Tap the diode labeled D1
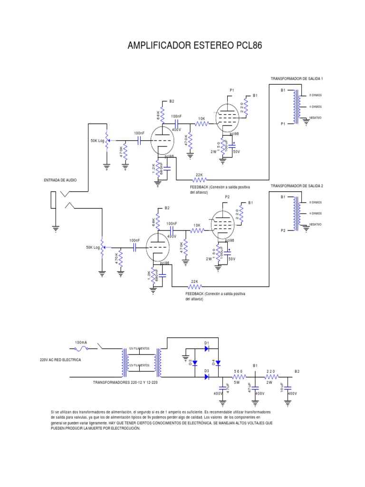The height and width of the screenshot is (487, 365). click(207, 348)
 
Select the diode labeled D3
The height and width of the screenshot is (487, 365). click(207, 377)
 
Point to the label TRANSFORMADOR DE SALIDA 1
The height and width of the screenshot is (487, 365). click(297, 78)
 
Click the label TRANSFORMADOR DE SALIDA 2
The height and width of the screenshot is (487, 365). click(297, 185)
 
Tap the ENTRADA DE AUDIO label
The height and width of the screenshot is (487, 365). click(60, 180)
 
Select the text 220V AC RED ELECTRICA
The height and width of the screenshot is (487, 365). click(60, 360)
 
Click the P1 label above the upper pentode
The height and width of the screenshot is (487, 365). click(232, 90)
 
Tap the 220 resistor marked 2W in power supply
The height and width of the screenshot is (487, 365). click(271, 377)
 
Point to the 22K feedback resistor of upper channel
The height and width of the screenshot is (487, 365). click(199, 180)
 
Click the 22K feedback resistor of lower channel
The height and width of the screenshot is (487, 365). click(194, 286)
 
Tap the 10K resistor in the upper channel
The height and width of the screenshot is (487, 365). click(202, 124)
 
